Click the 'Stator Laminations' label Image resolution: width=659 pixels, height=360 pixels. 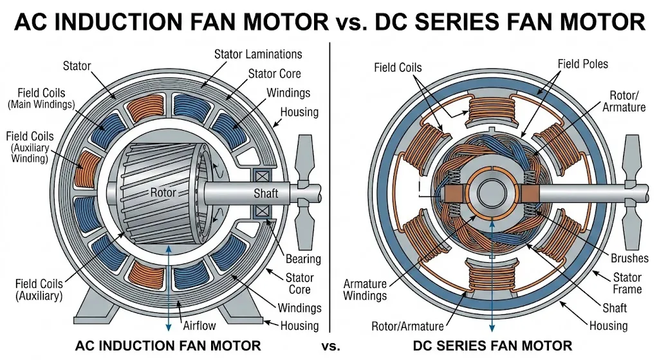pos(258,54)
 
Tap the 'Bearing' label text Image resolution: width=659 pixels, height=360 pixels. pos(302,259)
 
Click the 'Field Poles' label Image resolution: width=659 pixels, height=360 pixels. pos(582,64)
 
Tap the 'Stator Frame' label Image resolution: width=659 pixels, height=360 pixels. pos(626,283)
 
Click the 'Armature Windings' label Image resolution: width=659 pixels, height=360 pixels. pos(365,289)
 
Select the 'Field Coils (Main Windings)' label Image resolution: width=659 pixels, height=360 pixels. pos(40,97)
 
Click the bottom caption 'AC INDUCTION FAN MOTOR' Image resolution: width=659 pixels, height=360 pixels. pos(168,346)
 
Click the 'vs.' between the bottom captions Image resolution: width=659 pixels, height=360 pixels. pos(329,346)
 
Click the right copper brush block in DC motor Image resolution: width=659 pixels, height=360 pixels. pos(528,192)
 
